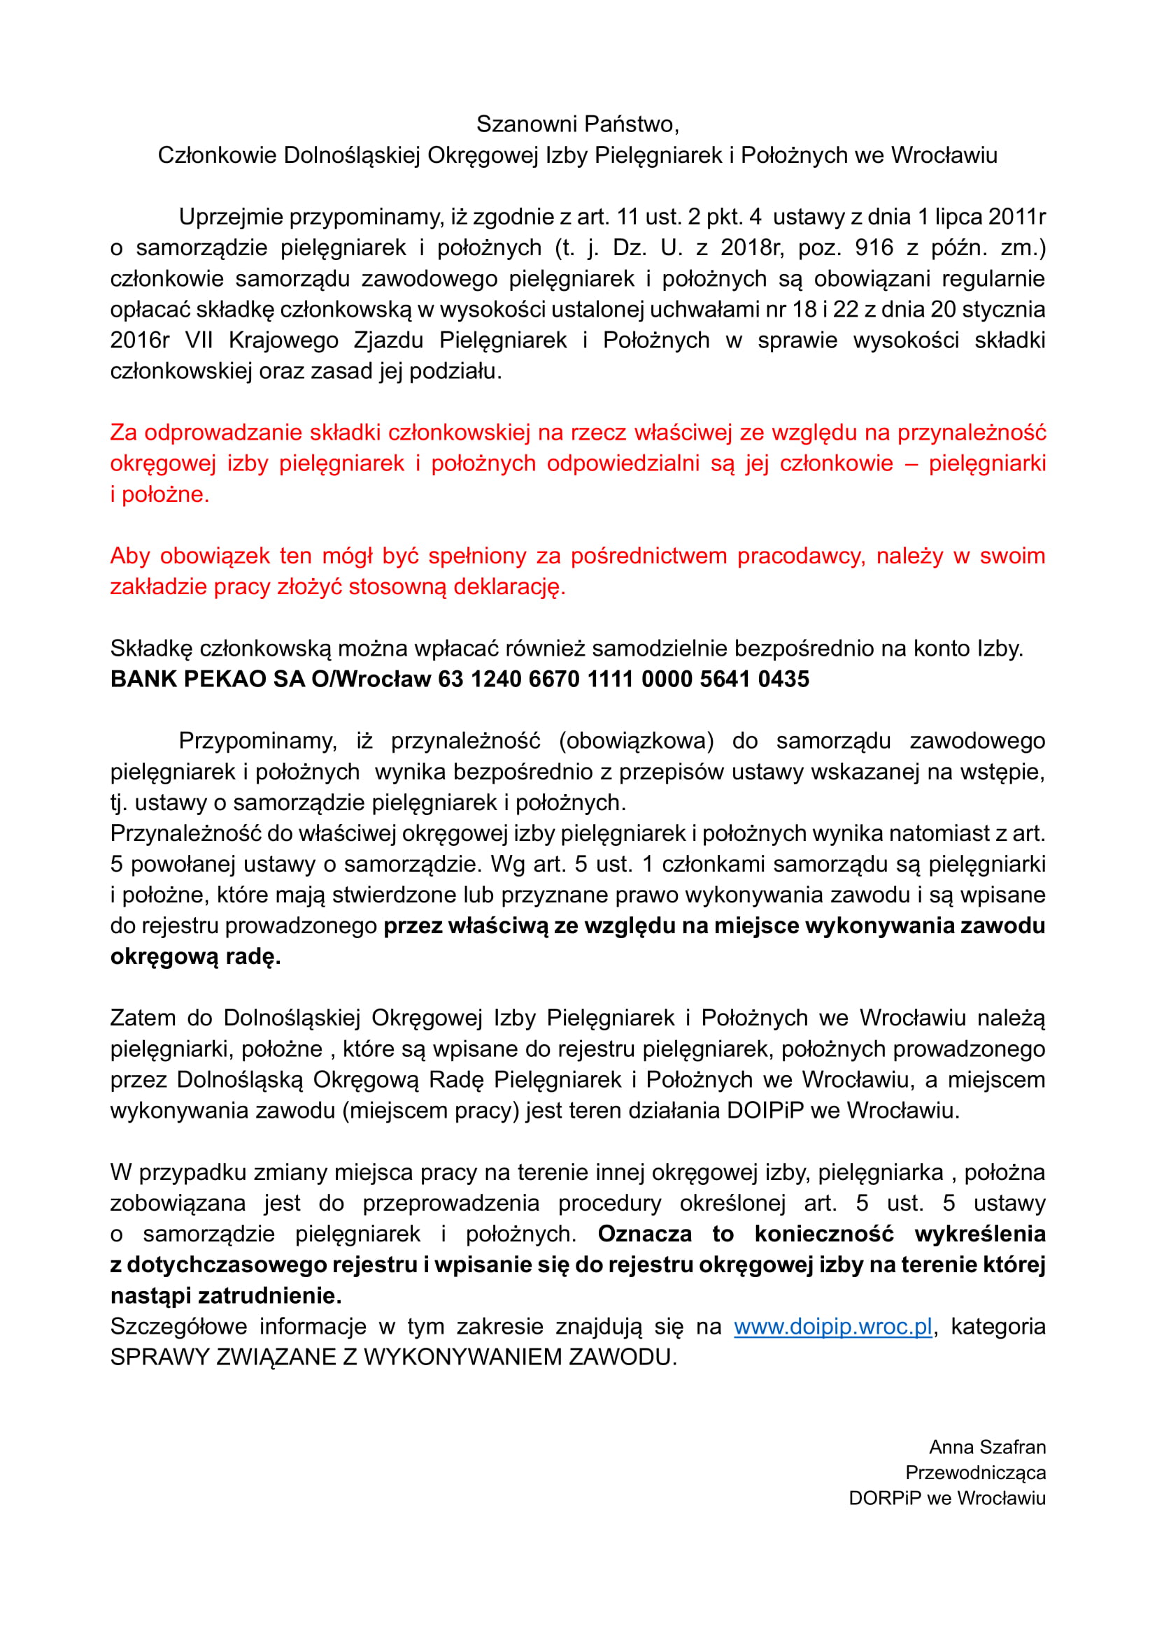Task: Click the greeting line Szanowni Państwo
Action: point(577,124)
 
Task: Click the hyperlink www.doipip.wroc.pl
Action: point(832,1327)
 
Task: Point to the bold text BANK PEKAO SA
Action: point(207,679)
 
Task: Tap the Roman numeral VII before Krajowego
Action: point(199,340)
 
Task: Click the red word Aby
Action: point(129,556)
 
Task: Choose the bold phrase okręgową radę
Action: point(195,956)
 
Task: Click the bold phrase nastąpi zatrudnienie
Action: point(226,1295)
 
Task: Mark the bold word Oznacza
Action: point(644,1234)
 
